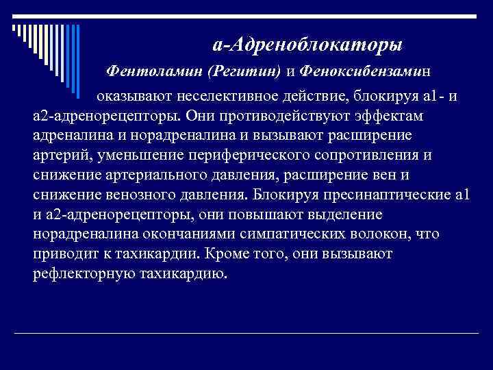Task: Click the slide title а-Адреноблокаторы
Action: pyautogui.click(x=307, y=45)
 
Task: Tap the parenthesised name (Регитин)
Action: pyautogui.click(x=244, y=71)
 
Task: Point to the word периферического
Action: pyautogui.click(x=244, y=155)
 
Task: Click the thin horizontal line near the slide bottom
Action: pyautogui.click(x=246, y=332)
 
